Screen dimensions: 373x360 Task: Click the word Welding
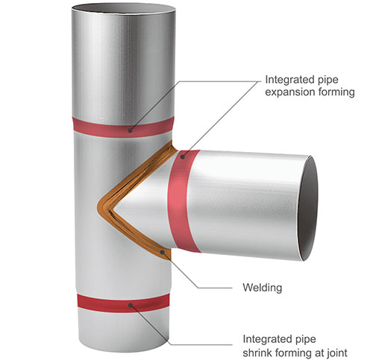click(x=263, y=288)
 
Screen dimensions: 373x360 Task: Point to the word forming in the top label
click(x=333, y=92)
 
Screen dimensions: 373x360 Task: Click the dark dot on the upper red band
click(x=130, y=130)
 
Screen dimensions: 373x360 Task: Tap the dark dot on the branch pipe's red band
click(x=183, y=157)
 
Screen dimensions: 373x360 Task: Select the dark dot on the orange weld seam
click(x=163, y=252)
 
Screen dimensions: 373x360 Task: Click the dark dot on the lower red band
click(x=131, y=305)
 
